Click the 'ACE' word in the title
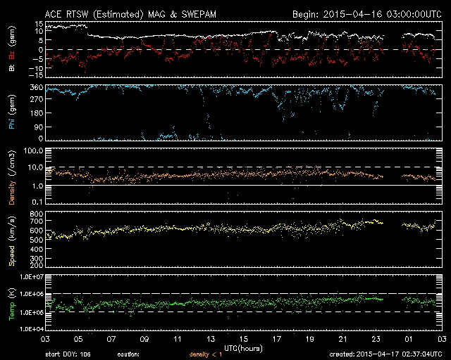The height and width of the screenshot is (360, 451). coord(54,14)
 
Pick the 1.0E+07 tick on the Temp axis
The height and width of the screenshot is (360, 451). coord(29,276)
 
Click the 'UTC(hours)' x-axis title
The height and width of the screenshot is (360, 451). coord(242,347)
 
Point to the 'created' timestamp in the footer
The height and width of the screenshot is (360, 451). coord(388,354)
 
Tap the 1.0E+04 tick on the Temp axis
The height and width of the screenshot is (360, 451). coord(29,329)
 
